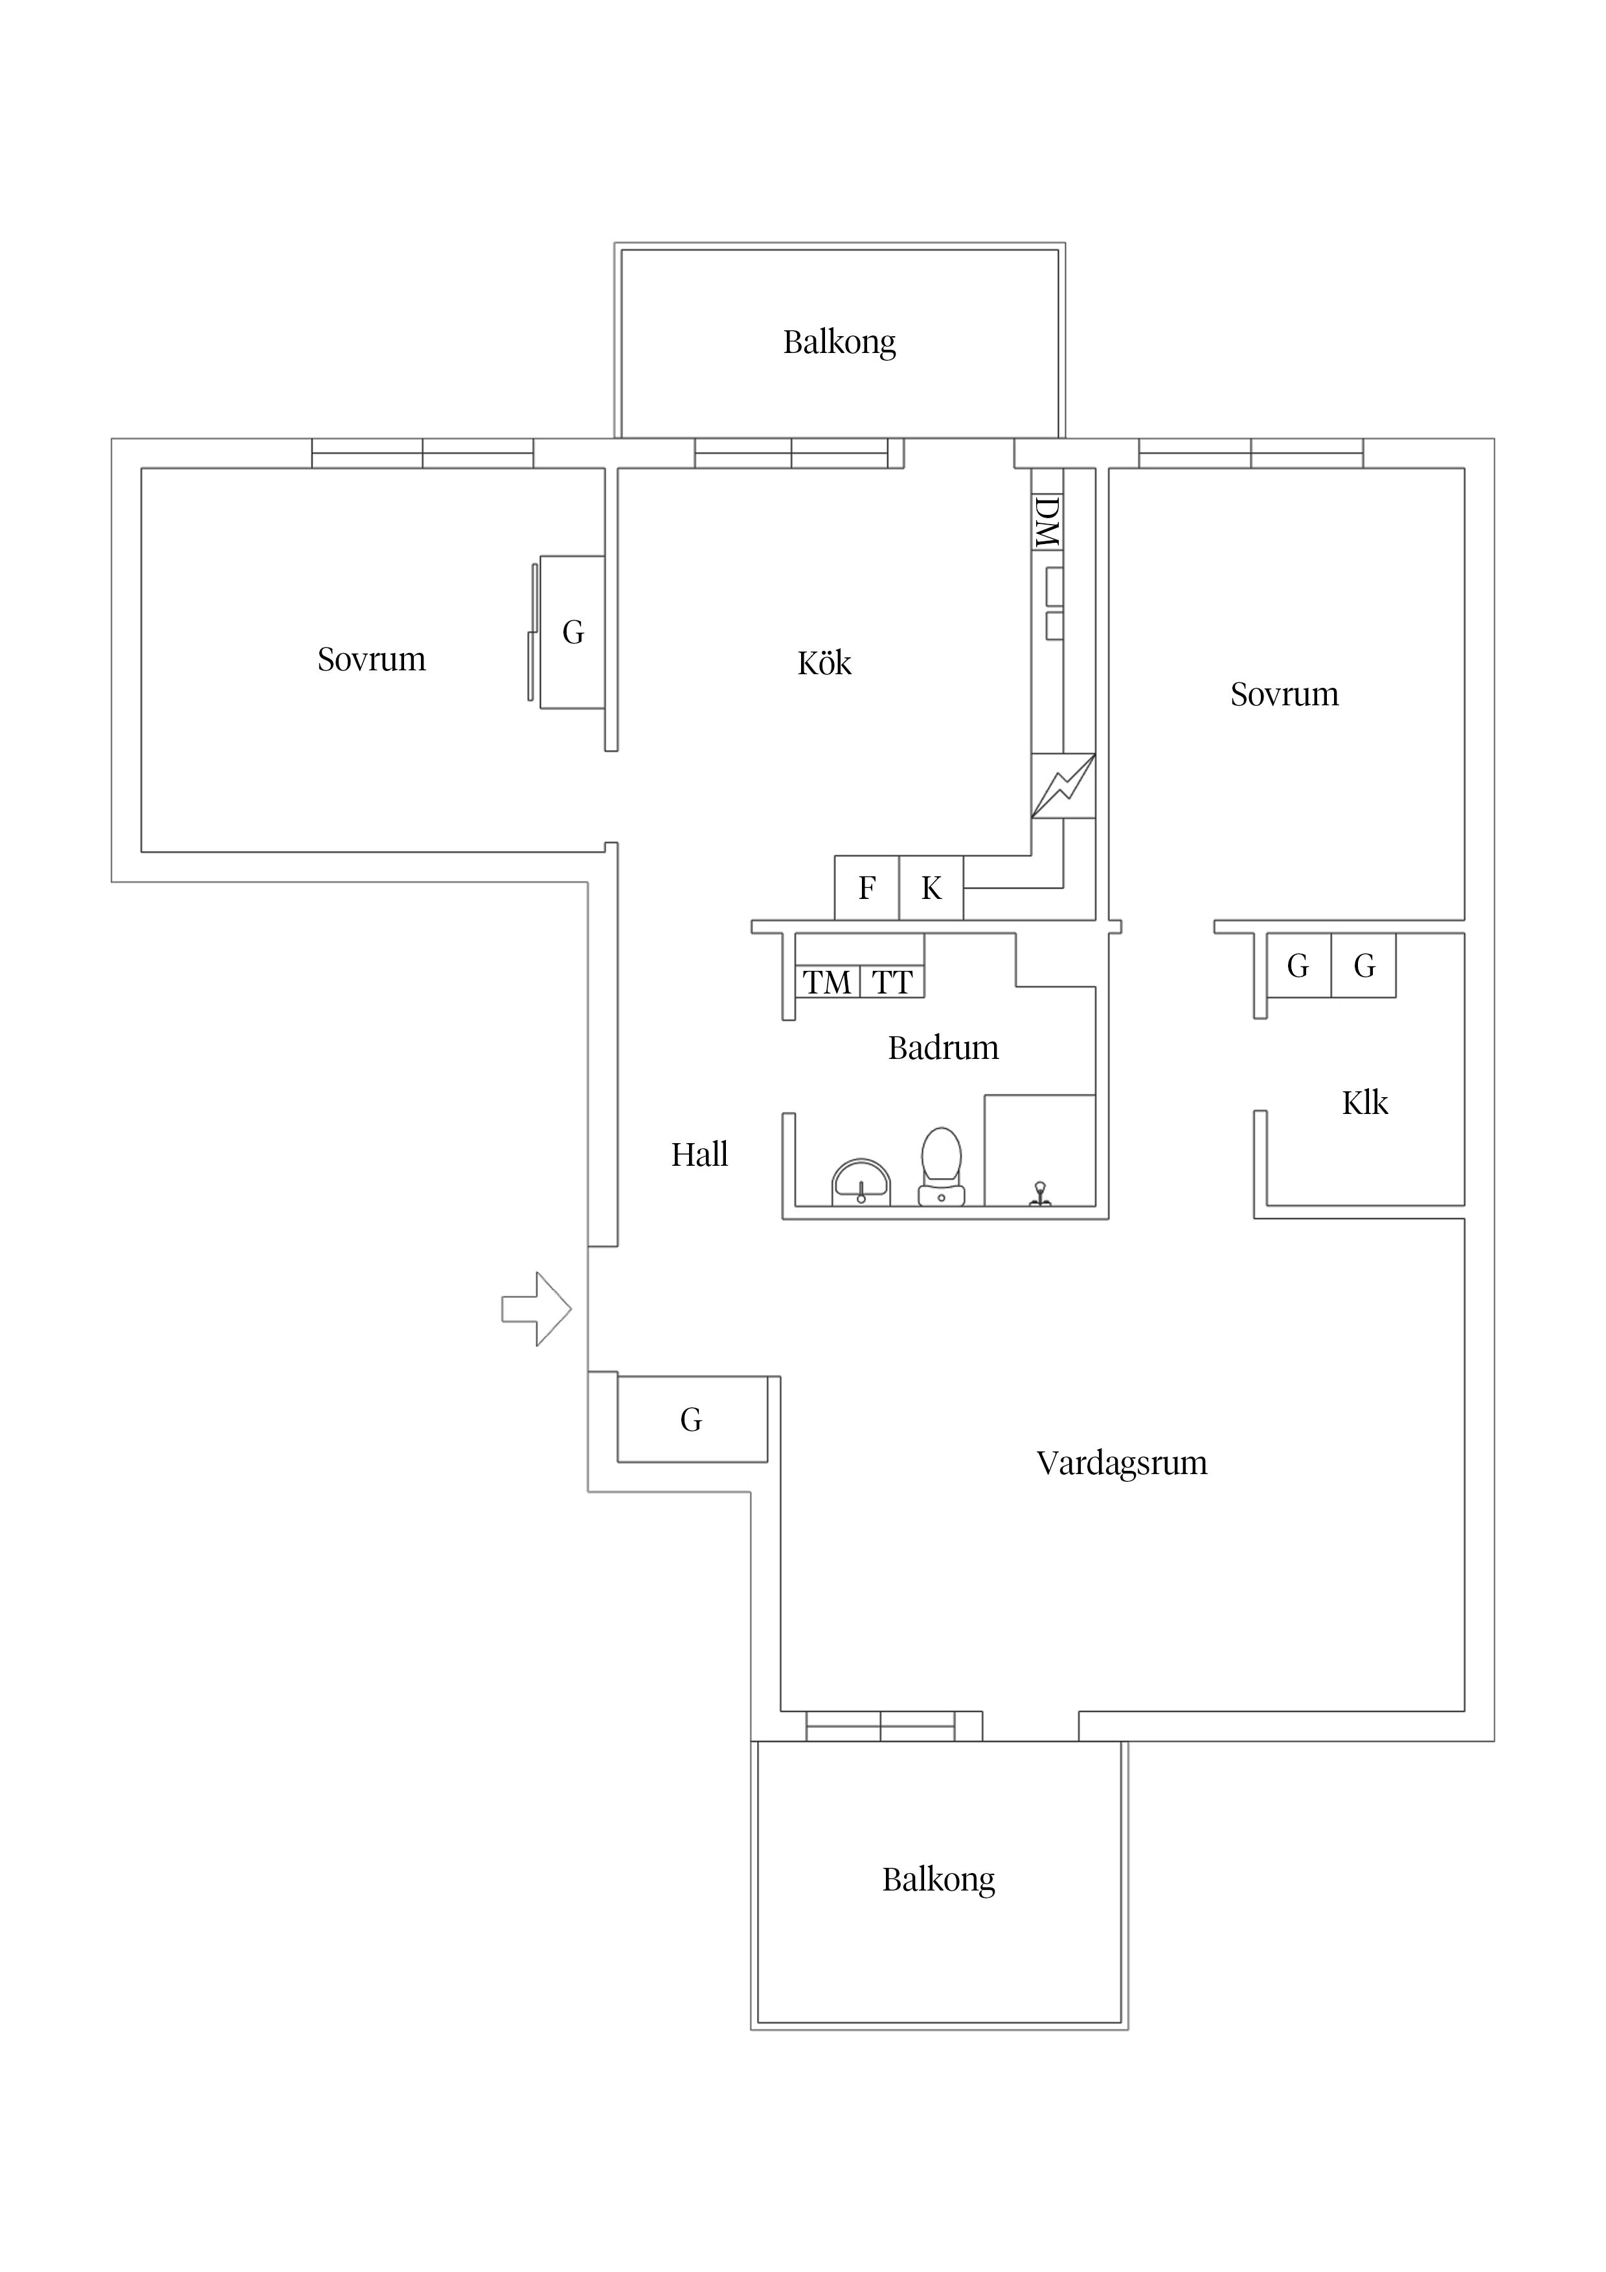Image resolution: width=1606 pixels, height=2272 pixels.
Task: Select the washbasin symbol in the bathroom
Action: point(861,1183)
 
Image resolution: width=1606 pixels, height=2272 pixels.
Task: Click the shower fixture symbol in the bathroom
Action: point(1040,1194)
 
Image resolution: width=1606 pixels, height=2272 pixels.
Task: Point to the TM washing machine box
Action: point(827,983)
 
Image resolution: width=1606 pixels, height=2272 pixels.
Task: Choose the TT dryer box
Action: point(892,983)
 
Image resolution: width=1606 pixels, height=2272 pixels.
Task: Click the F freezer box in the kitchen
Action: point(867,888)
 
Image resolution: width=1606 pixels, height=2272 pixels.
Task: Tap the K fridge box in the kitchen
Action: point(931,888)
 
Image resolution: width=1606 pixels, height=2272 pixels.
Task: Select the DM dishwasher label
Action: point(1047,523)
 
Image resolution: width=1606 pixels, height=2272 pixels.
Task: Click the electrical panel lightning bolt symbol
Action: point(1063,786)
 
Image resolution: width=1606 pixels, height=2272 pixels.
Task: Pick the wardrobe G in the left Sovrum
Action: point(573,632)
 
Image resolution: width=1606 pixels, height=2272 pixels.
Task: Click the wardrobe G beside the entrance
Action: point(692,1420)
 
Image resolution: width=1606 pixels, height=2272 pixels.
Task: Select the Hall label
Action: point(699,1154)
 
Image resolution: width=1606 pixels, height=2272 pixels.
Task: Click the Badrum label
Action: point(943,1047)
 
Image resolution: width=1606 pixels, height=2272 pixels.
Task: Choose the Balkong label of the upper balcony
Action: point(839,343)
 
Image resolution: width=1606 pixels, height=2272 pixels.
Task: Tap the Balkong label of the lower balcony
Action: point(938,1879)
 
